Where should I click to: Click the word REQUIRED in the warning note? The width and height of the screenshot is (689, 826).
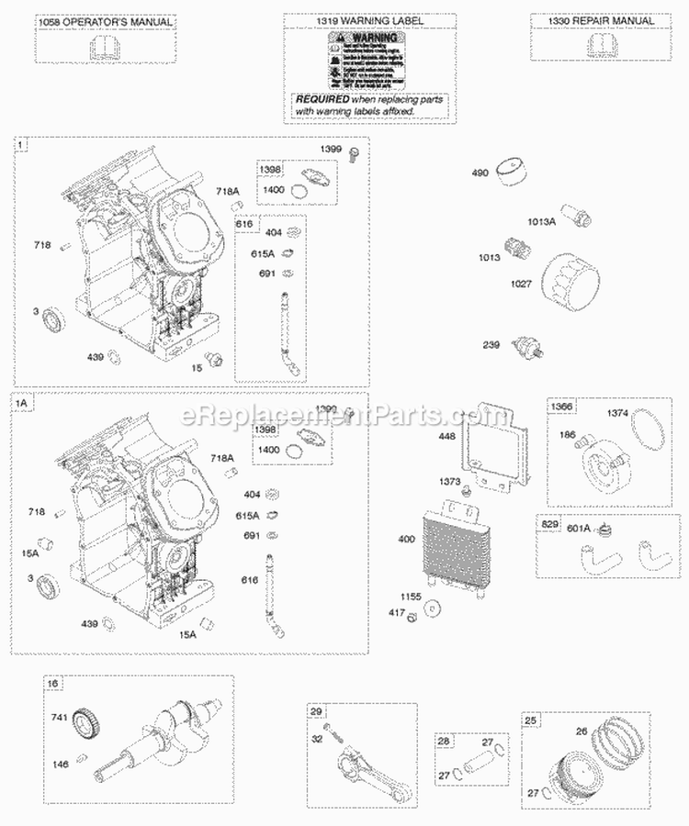pyautogui.click(x=322, y=97)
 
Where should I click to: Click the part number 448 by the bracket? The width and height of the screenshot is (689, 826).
pyautogui.click(x=446, y=436)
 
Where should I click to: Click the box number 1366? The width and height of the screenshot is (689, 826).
pyautogui.click(x=561, y=407)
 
